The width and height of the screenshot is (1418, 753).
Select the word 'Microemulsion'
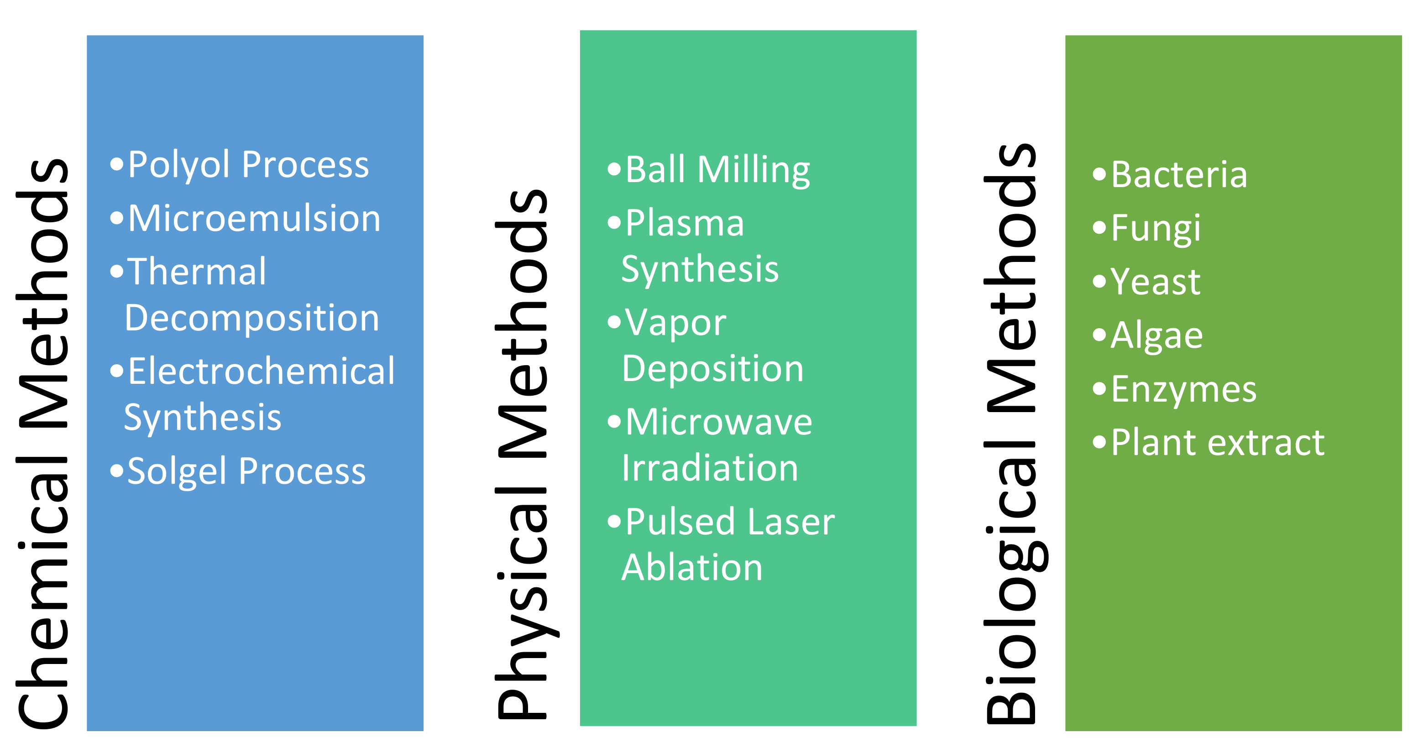(x=254, y=219)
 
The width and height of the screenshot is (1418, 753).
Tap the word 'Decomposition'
(x=251, y=318)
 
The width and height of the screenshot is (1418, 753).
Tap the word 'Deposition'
(x=712, y=368)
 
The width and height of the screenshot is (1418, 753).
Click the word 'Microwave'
(x=718, y=422)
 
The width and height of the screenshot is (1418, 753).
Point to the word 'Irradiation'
(x=710, y=468)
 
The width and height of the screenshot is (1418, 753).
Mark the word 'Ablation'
(x=692, y=568)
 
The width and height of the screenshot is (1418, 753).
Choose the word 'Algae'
(x=1156, y=335)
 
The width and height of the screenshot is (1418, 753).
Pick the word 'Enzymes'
(x=1183, y=389)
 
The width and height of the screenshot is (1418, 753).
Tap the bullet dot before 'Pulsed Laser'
(x=614, y=521)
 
